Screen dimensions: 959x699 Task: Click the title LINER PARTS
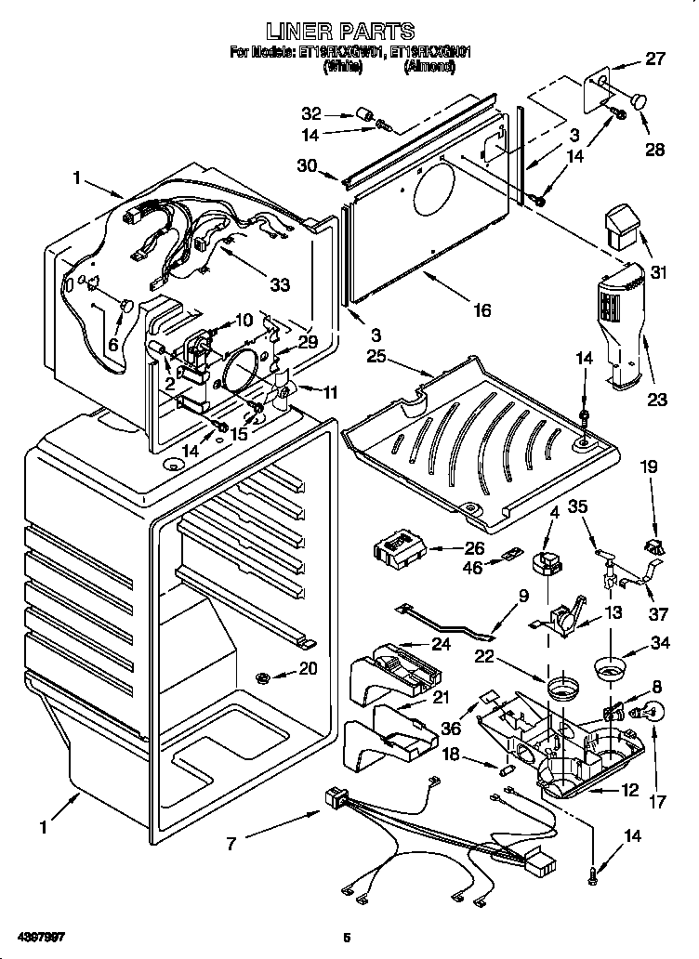pyautogui.click(x=349, y=33)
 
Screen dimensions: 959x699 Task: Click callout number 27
pyautogui.click(x=656, y=60)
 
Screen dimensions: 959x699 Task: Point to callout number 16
pyautogui.click(x=481, y=310)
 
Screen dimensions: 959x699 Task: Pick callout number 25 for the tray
pyautogui.click(x=376, y=356)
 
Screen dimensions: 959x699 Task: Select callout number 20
pyautogui.click(x=308, y=666)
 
